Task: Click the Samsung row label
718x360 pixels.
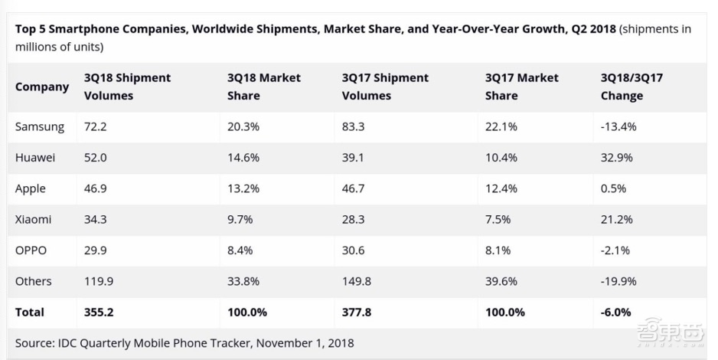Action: [40, 126]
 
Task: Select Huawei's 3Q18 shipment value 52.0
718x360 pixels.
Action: [96, 158]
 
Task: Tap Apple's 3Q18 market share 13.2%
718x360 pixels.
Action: [243, 188]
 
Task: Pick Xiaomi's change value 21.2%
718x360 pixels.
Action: [617, 220]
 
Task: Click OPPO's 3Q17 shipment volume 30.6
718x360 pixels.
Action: [356, 250]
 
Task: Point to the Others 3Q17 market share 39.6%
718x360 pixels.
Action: [501, 281]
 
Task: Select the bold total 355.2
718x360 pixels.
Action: [99, 313]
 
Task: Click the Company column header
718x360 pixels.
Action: [42, 87]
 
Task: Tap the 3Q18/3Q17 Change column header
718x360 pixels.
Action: [632, 87]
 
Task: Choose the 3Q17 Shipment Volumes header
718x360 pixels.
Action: [385, 87]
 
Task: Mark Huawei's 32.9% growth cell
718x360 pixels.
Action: [617, 158]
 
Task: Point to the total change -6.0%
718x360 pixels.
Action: [616, 313]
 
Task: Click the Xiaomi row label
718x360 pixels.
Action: [34, 220]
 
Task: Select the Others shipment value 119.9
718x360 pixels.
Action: [99, 281]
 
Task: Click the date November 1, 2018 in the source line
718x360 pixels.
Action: [305, 343]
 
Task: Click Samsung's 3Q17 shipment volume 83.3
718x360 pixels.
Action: [356, 126]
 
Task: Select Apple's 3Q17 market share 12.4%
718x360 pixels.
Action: [501, 188]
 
